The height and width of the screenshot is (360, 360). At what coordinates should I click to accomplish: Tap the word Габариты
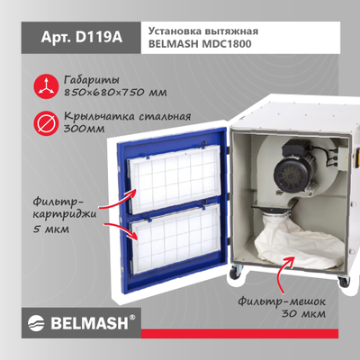(91, 78)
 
